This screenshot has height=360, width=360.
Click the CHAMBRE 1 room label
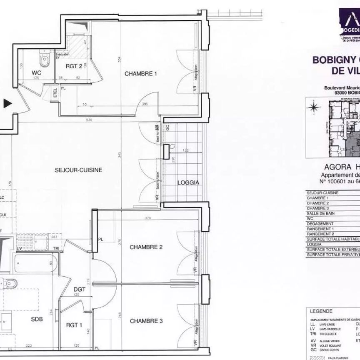click(141, 74)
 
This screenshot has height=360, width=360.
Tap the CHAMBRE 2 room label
click(146, 247)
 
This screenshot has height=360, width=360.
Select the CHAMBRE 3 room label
click(146, 321)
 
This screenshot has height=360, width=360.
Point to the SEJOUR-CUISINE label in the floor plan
click(79, 170)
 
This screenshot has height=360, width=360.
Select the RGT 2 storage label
click(74, 66)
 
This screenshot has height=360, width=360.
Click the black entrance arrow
click(7, 104)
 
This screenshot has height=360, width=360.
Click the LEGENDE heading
click(321, 311)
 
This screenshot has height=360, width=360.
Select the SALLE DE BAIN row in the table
click(321, 213)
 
